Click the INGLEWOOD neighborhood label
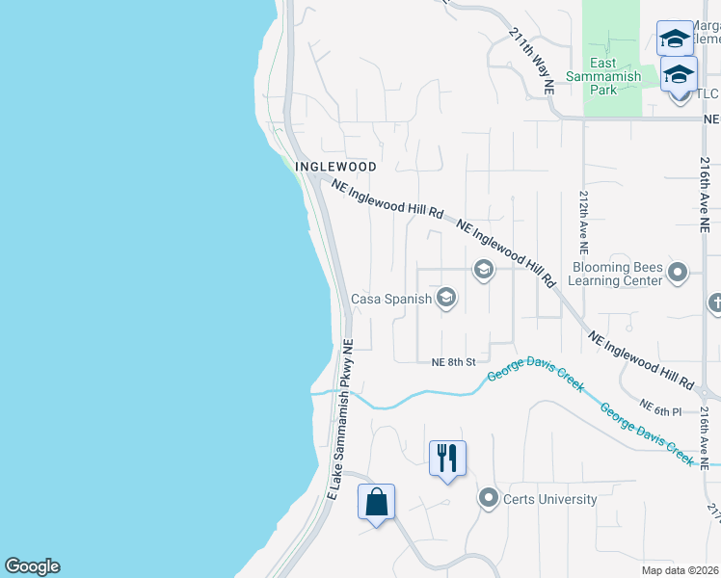pyautogui.click(x=335, y=166)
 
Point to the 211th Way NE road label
pyautogui.click(x=533, y=59)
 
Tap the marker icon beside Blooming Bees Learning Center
pyautogui.click(x=678, y=273)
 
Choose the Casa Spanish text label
pyautogui.click(x=391, y=299)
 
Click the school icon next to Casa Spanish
pyautogui.click(x=446, y=298)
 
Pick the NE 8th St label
pyautogui.click(x=454, y=362)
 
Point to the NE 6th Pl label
pyautogui.click(x=660, y=410)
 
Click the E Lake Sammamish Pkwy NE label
pyautogui.click(x=341, y=420)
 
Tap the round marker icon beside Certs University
pyautogui.click(x=489, y=498)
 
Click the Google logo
pyautogui.click(x=32, y=566)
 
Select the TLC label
pyautogui.click(x=708, y=93)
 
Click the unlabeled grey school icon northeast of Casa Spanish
pyautogui.click(x=484, y=270)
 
